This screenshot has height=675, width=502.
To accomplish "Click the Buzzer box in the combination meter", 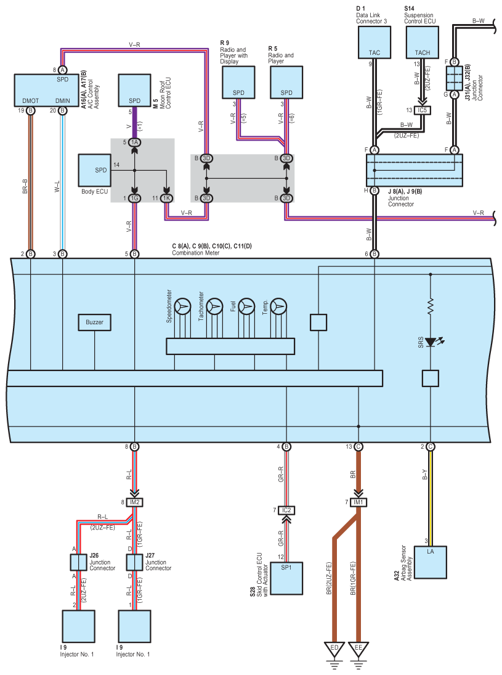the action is (94, 322).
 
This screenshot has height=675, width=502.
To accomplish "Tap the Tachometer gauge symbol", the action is (214, 306).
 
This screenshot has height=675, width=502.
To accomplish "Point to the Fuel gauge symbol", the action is (246, 306).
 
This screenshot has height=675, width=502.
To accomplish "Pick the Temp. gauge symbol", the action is (278, 306).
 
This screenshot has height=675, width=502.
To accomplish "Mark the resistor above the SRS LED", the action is (430, 306).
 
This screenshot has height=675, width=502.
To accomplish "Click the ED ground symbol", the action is (334, 650).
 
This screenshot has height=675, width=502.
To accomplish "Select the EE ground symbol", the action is (358, 650).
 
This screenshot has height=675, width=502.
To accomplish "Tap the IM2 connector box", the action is (135, 502).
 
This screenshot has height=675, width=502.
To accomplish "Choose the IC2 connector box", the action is (286, 510).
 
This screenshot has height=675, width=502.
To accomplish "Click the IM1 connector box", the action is (358, 502).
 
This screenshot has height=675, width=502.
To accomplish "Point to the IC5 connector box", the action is (423, 110).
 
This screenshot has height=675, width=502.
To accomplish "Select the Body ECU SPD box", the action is (94, 171).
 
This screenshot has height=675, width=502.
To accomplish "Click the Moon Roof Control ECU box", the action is (135, 90).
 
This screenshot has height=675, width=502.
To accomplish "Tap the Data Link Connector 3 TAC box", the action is (374, 42).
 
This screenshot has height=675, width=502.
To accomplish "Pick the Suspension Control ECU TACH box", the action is (423, 42).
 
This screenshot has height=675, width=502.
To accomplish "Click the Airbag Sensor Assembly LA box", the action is (430, 562).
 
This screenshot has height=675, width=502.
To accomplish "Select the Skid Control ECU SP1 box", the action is (286, 578).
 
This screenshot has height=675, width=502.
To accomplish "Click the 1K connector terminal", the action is (166, 198).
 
